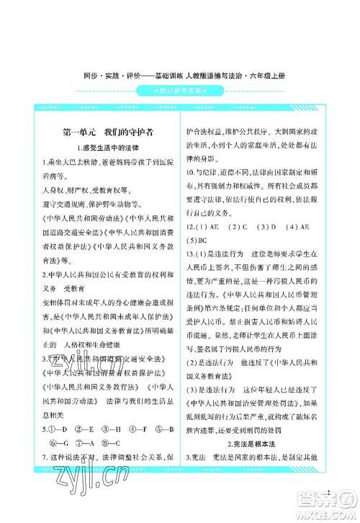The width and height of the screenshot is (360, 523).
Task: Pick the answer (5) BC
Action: (x=197, y=240)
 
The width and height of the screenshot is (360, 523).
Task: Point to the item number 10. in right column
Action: (x=191, y=174)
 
